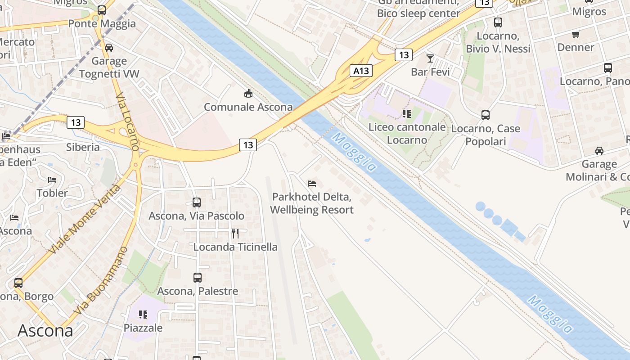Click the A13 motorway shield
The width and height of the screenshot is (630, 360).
point(361,71)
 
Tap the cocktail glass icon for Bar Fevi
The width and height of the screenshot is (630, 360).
point(430,58)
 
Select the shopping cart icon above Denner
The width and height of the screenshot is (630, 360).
point(576,34)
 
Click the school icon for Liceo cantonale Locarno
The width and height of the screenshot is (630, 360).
point(407,114)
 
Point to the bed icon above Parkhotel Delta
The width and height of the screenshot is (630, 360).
point(312,183)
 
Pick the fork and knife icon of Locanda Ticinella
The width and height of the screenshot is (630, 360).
point(235,233)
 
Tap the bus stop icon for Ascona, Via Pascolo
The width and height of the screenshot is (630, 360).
point(197,202)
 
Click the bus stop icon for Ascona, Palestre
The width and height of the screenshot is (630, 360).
point(197,278)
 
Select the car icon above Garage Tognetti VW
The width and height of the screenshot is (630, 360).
point(109,48)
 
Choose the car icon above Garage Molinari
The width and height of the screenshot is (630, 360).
point(599,150)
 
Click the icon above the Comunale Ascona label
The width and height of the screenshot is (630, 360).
point(248,94)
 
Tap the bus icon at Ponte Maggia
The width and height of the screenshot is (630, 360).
point(102,10)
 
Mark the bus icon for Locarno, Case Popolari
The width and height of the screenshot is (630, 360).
point(486,115)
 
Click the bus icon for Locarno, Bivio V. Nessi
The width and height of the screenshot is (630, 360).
point(498,22)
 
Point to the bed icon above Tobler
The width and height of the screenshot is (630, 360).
point(52,180)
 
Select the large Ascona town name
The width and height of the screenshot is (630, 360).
point(45,331)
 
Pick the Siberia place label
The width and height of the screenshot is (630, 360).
point(83,147)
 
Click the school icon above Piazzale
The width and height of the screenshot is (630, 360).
point(143,314)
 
